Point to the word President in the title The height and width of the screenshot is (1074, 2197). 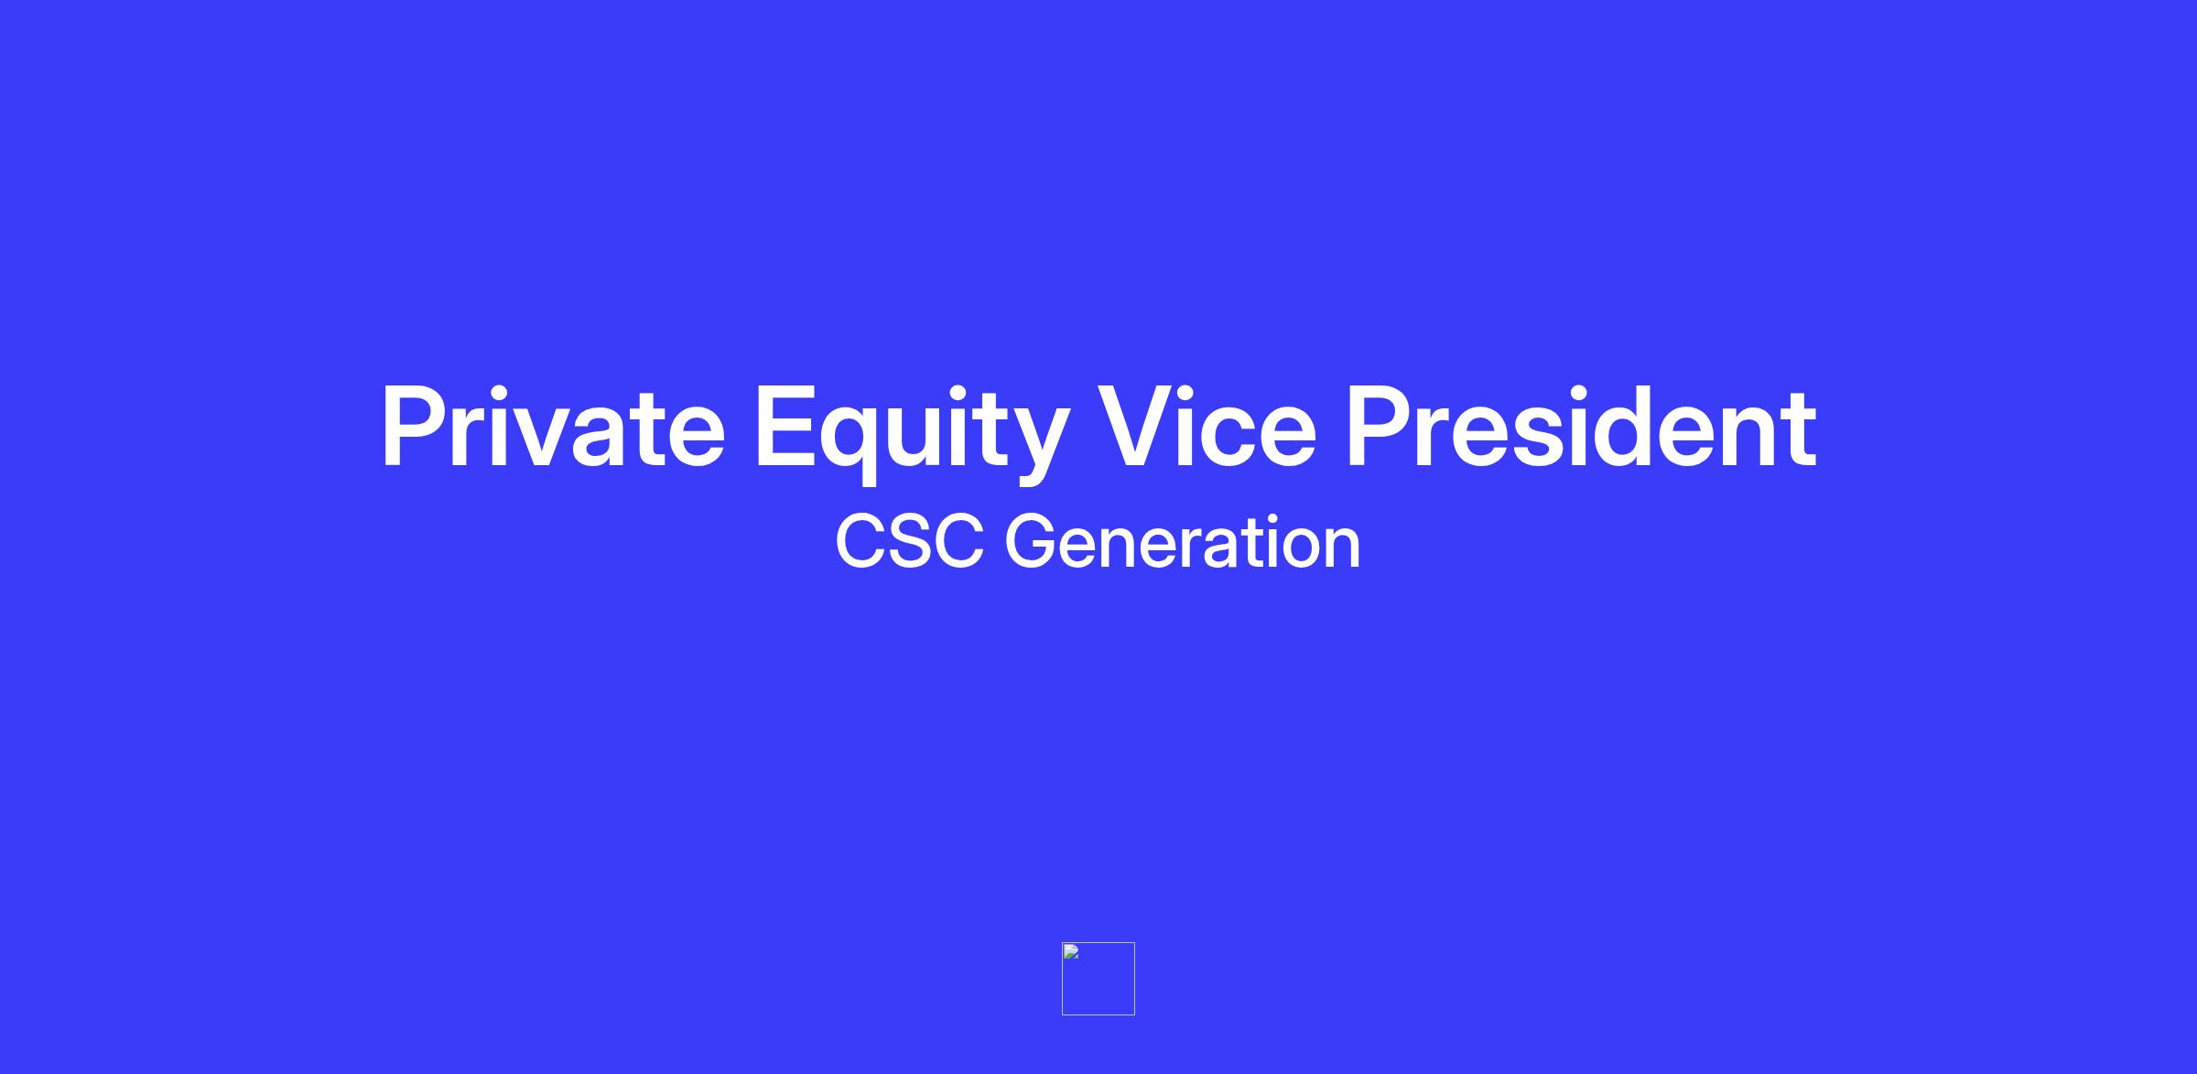tap(1581, 427)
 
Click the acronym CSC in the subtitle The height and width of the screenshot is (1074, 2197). tap(910, 542)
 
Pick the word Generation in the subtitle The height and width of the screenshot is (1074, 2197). tap(1183, 542)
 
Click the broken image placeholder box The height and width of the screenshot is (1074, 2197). tap(1098, 979)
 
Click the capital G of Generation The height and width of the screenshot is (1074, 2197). tap(1032, 542)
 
